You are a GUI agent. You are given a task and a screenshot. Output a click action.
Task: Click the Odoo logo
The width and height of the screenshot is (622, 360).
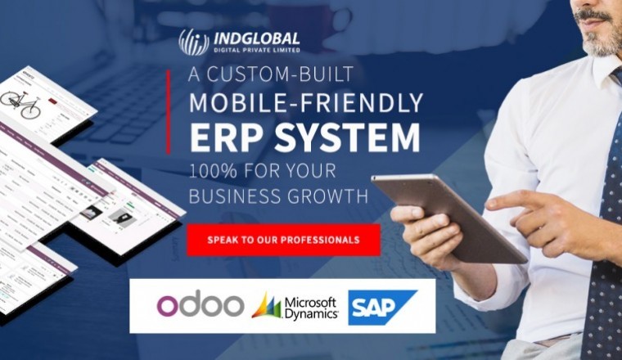tap(200, 304)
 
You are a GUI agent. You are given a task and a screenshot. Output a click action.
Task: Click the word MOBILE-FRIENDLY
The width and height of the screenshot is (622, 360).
tap(306, 102)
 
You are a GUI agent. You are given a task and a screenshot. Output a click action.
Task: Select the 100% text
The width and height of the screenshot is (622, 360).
tap(215, 173)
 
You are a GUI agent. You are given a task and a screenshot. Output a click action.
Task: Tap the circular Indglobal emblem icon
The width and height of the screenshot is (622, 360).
tap(194, 43)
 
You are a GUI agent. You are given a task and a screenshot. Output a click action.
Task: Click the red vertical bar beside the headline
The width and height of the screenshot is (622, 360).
tap(169, 111)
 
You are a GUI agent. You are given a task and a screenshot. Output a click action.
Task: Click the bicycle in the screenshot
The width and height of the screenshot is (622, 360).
tap(20, 103)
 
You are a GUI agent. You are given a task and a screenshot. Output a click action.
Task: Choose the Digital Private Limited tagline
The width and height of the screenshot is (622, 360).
tap(255, 50)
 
